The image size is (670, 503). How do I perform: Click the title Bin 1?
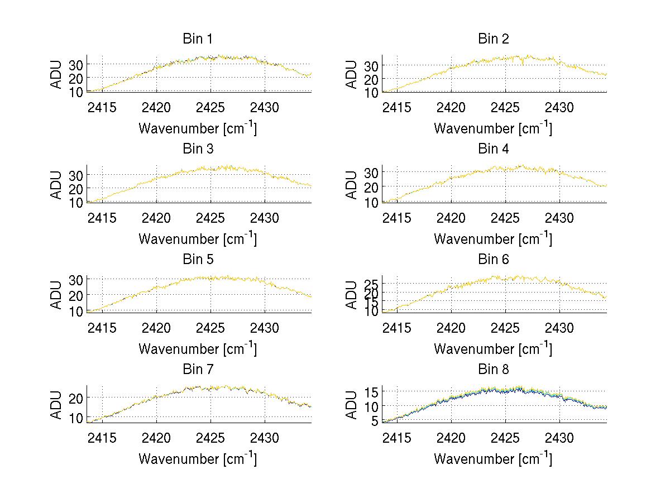[x=198, y=39]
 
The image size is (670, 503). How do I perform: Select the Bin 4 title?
[x=494, y=149]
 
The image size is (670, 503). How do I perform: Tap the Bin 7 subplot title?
[x=198, y=370]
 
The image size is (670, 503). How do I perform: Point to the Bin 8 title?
[x=494, y=370]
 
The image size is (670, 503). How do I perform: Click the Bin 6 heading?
[x=494, y=260]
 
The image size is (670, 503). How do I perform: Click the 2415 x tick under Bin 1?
[x=102, y=107]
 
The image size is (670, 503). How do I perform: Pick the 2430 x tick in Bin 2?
[x=559, y=107]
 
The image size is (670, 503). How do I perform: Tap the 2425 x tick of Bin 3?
[x=210, y=217]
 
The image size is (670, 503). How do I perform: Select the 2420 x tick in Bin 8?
[x=451, y=437]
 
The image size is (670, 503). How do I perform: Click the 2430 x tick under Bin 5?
[x=264, y=327]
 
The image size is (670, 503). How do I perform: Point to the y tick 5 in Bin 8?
[x=375, y=421]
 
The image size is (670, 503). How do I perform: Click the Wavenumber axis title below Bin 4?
[x=493, y=238]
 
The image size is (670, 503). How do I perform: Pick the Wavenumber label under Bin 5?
[x=198, y=348]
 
